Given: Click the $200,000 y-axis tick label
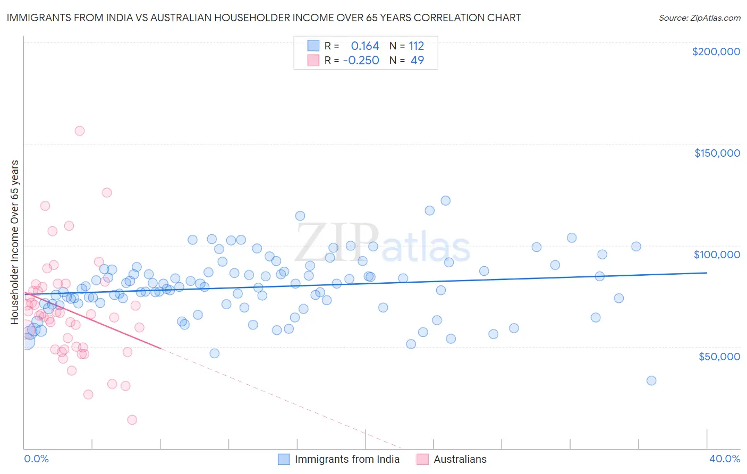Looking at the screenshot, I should (x=716, y=52).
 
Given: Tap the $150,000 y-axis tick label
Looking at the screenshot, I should (x=717, y=153).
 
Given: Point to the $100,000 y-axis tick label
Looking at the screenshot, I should (x=717, y=255).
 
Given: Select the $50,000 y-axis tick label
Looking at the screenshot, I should (x=719, y=356).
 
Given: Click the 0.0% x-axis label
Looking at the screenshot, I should (x=36, y=459).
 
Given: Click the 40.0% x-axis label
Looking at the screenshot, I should (x=724, y=459).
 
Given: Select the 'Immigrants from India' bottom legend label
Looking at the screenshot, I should (x=347, y=459).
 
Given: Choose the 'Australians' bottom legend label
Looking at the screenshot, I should (x=460, y=459).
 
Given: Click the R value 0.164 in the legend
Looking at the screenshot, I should (x=365, y=46).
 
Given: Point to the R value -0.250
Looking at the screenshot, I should (x=361, y=61).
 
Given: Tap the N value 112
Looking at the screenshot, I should (x=416, y=46).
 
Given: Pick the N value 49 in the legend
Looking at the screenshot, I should (x=417, y=61).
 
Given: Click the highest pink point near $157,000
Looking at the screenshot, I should (x=80, y=131).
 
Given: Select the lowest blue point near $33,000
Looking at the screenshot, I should (x=651, y=380).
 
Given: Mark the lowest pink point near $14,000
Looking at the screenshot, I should (x=132, y=420).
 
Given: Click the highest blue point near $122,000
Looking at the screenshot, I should (x=446, y=200).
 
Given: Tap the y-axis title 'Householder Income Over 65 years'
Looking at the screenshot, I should (x=15, y=242).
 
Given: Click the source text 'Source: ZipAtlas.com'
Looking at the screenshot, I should (x=699, y=18).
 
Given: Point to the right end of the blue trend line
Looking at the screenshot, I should (x=707, y=273).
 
